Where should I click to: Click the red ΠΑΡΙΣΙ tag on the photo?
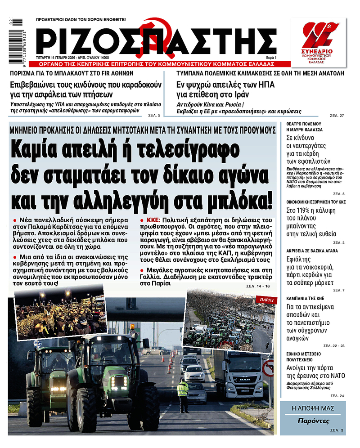(264, 299)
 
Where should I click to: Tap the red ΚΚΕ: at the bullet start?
(156, 220)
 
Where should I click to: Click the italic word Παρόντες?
(314, 421)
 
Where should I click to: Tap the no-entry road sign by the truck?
(268, 368)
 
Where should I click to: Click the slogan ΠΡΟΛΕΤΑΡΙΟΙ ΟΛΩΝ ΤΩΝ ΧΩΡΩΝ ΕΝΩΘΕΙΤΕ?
(81, 20)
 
